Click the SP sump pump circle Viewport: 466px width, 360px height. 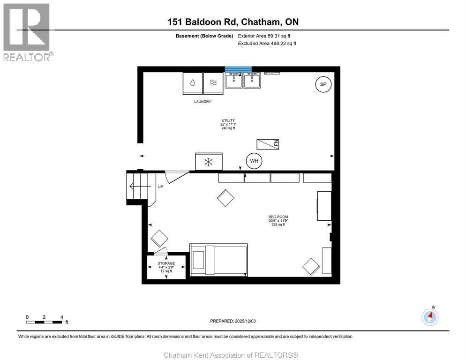tap(323, 85)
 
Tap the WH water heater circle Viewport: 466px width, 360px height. tap(254, 161)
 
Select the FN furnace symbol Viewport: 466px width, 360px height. tap(268, 144)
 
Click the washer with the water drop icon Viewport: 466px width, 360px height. tap(192, 83)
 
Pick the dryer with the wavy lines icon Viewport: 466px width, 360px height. tap(213, 83)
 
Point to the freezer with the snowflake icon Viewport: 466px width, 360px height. tap(209, 162)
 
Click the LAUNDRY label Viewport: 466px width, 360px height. tap(203, 102)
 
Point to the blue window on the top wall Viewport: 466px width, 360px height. tap(238, 69)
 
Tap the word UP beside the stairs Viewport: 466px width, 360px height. tap(160, 187)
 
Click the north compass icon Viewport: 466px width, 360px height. tap(430, 317)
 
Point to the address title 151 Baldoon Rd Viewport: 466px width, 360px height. tap(233, 22)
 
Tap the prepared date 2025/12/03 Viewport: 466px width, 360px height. tap(233, 321)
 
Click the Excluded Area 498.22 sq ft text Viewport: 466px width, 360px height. tap(267, 43)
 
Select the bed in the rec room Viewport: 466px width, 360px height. tap(218, 259)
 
